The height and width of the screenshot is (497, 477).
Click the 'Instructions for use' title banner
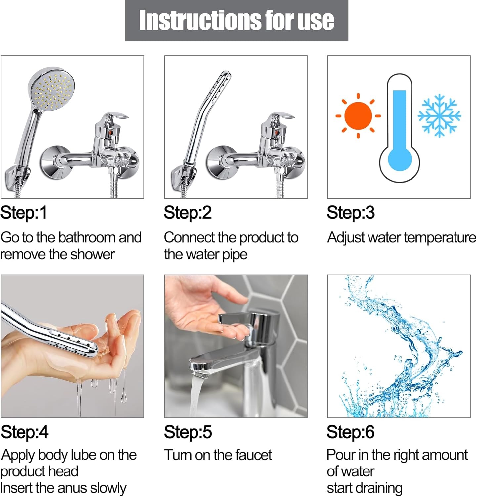pyautogui.click(x=236, y=21)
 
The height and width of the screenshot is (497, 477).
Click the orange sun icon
pyautogui.click(x=358, y=116)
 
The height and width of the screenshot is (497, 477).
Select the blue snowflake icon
pyautogui.click(x=439, y=116)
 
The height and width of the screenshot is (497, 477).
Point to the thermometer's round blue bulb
pyautogui.click(x=399, y=160)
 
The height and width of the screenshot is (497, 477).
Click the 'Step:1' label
pyautogui.click(x=23, y=213)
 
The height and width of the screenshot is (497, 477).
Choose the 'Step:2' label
pyautogui.click(x=188, y=213)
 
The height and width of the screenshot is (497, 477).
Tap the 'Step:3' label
pyautogui.click(x=351, y=213)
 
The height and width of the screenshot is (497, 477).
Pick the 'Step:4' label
pyautogui.click(x=24, y=432)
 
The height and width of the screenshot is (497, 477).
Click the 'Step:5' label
pyautogui.click(x=188, y=432)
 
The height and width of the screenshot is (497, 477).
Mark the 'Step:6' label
pyautogui.click(x=351, y=432)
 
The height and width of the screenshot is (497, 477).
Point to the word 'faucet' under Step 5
pyautogui.click(x=253, y=455)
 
